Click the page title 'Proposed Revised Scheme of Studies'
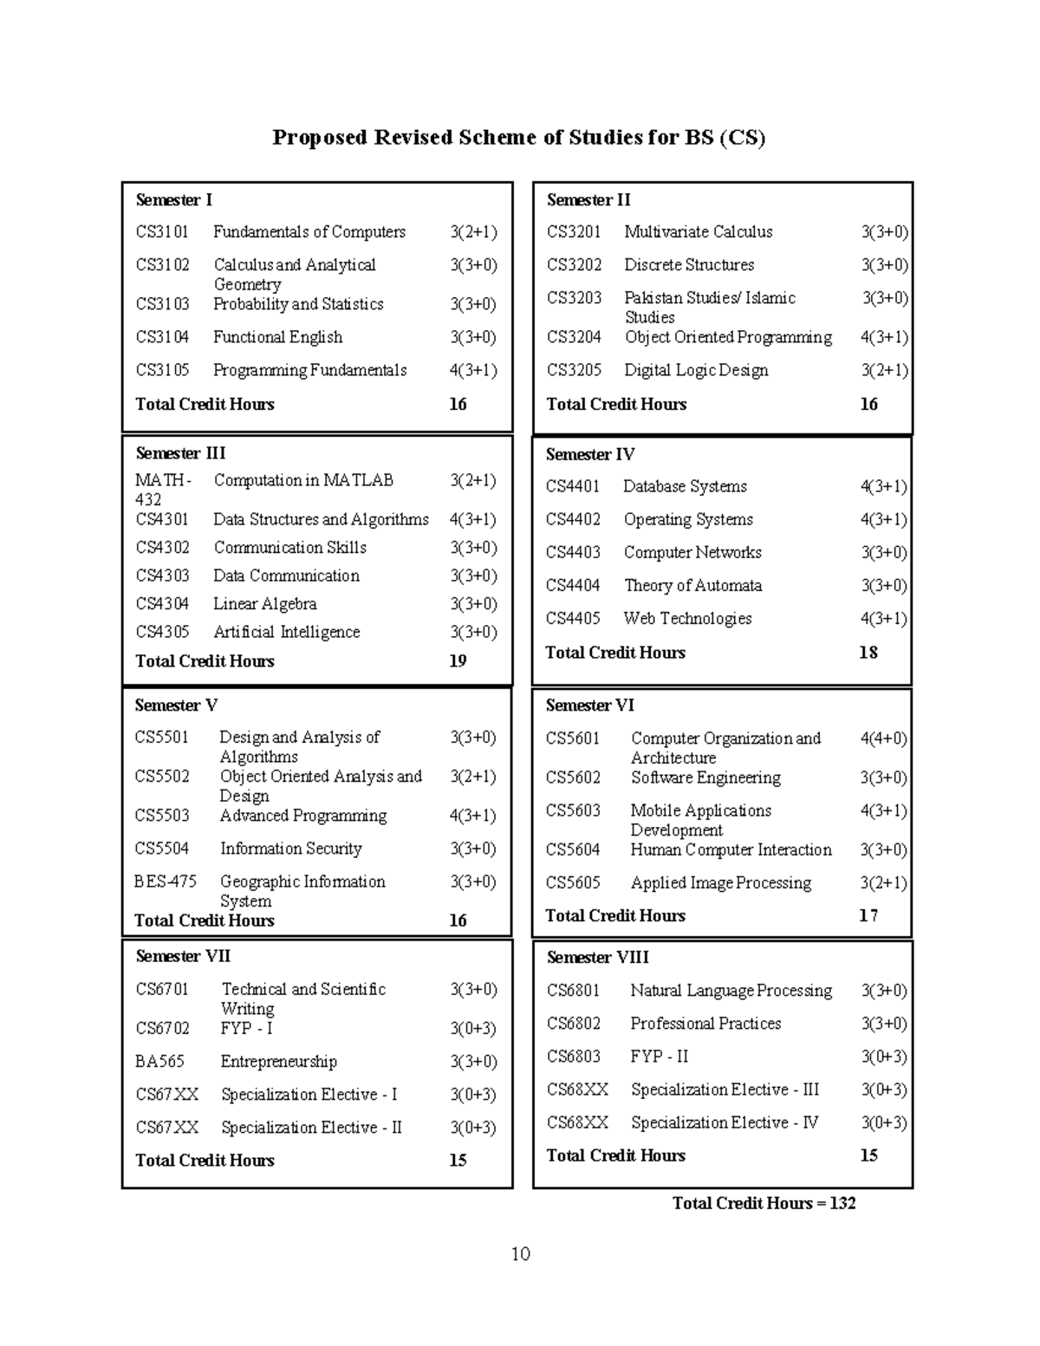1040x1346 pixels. [518, 138]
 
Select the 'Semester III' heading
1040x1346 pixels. [180, 453]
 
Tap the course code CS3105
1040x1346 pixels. [162, 370]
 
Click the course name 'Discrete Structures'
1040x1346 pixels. [689, 264]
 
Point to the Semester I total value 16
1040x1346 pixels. [458, 404]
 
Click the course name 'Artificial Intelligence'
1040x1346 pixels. [286, 632]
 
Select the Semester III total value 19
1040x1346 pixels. [458, 660]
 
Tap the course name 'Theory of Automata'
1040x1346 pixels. [692, 585]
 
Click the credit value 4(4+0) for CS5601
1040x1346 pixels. [883, 738]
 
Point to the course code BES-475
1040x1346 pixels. [165, 881]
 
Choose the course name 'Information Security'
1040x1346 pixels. [290, 849]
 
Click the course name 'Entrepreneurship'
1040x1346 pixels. [278, 1062]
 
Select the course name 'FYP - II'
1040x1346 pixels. [660, 1057]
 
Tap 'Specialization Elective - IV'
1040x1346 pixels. [724, 1122]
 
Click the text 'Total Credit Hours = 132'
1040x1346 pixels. [764, 1203]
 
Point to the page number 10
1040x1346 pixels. [520, 1254]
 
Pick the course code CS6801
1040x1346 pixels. [573, 991]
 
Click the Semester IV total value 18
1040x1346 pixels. [868, 653]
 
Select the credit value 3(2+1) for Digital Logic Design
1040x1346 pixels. [884, 370]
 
